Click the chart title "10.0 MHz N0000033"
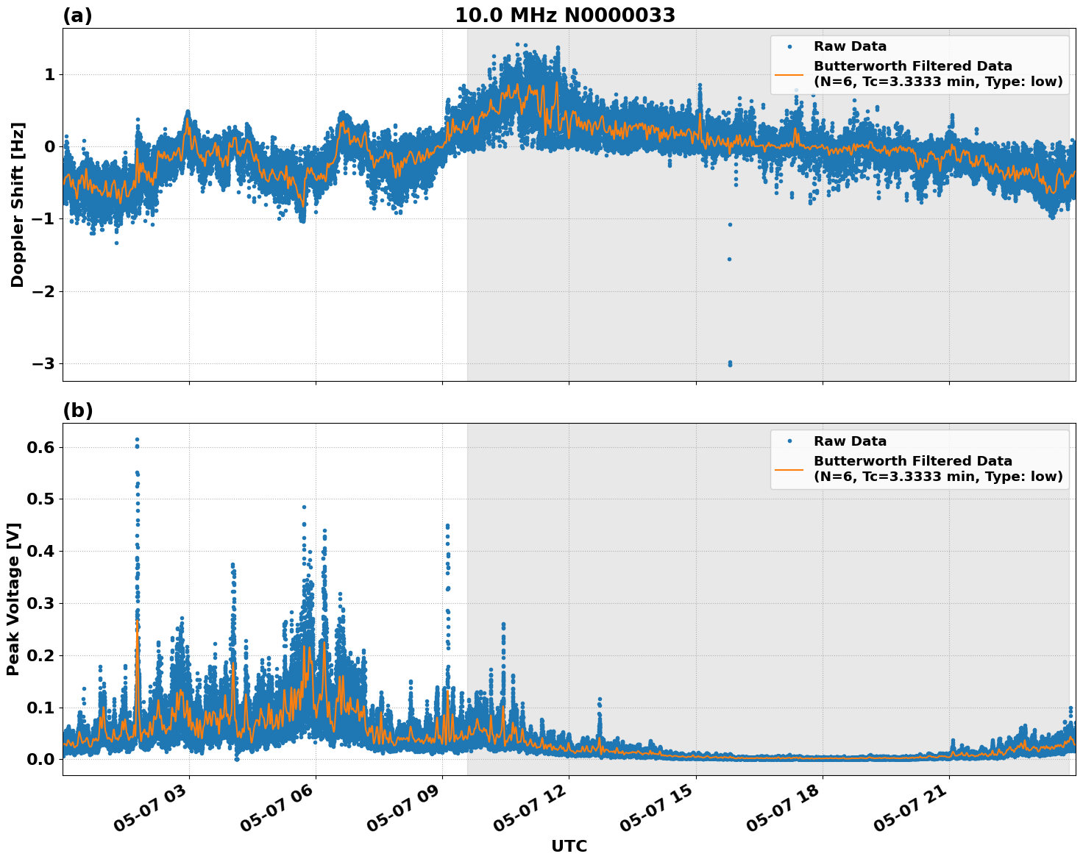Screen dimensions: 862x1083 [x=564, y=15]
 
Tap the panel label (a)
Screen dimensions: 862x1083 [x=77, y=15]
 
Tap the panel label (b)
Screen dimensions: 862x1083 [x=77, y=410]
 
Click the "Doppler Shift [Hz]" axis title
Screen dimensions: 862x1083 [x=18, y=204]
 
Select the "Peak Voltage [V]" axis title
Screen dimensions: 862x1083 [x=13, y=599]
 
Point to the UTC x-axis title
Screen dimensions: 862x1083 [x=569, y=846]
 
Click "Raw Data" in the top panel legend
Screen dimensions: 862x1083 [x=850, y=46]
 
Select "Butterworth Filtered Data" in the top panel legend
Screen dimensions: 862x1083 [x=912, y=66]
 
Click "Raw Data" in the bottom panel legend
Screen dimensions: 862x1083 [x=850, y=441]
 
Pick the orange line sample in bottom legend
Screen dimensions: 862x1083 [x=789, y=469]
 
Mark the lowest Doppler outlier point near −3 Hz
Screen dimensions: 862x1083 [x=730, y=364]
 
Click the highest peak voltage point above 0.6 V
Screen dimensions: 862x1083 [x=137, y=439]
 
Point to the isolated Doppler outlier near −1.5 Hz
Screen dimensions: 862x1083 [x=729, y=259]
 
